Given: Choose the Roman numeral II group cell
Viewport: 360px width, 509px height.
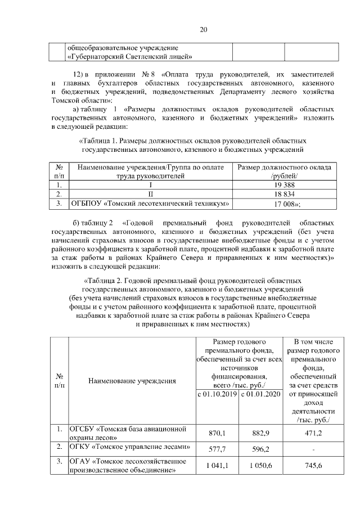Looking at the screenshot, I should pos(150,194).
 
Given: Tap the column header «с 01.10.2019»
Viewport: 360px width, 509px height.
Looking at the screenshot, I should pos(217,394).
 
